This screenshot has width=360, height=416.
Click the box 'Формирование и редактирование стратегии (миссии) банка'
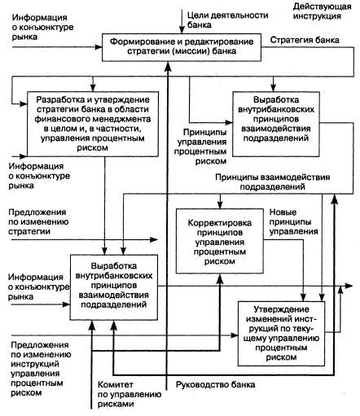pos(182,47)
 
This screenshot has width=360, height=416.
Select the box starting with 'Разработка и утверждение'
pos(93,124)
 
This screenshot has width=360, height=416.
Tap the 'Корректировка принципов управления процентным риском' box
pos(220,241)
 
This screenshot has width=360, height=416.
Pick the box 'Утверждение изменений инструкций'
pos(281,334)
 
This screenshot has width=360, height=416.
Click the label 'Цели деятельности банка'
pos(227,20)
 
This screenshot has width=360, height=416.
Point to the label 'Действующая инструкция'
pos(322,11)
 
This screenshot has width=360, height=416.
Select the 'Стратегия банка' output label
pos(305,40)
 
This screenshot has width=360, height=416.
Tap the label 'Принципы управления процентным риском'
pos(200,147)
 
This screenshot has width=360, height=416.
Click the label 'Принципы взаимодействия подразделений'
pos(273,182)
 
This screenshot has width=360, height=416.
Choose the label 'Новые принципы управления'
pos(293,221)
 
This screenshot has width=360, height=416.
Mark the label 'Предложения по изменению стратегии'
pos(38,221)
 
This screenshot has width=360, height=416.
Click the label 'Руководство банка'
pos(216,384)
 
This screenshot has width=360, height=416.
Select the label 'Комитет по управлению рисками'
pos(130,394)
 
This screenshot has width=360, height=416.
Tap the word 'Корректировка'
pos(220,223)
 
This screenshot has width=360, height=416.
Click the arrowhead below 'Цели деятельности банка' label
pos(182,30)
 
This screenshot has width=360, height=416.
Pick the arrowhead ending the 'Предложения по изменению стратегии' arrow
pos(154,239)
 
